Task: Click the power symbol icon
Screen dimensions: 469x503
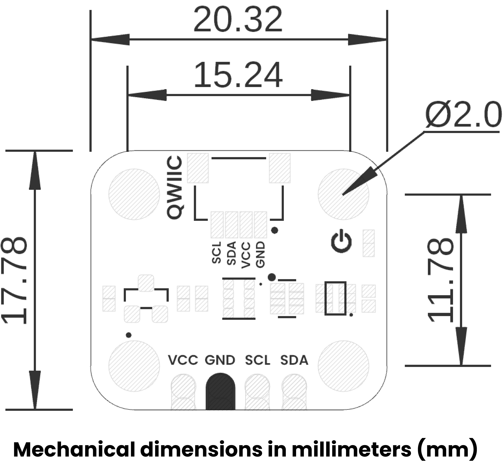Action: click(x=341, y=241)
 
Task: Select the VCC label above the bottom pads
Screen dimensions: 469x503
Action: click(x=183, y=360)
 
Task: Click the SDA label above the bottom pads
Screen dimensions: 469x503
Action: click(x=294, y=360)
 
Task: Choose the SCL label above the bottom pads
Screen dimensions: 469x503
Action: click(x=258, y=360)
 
